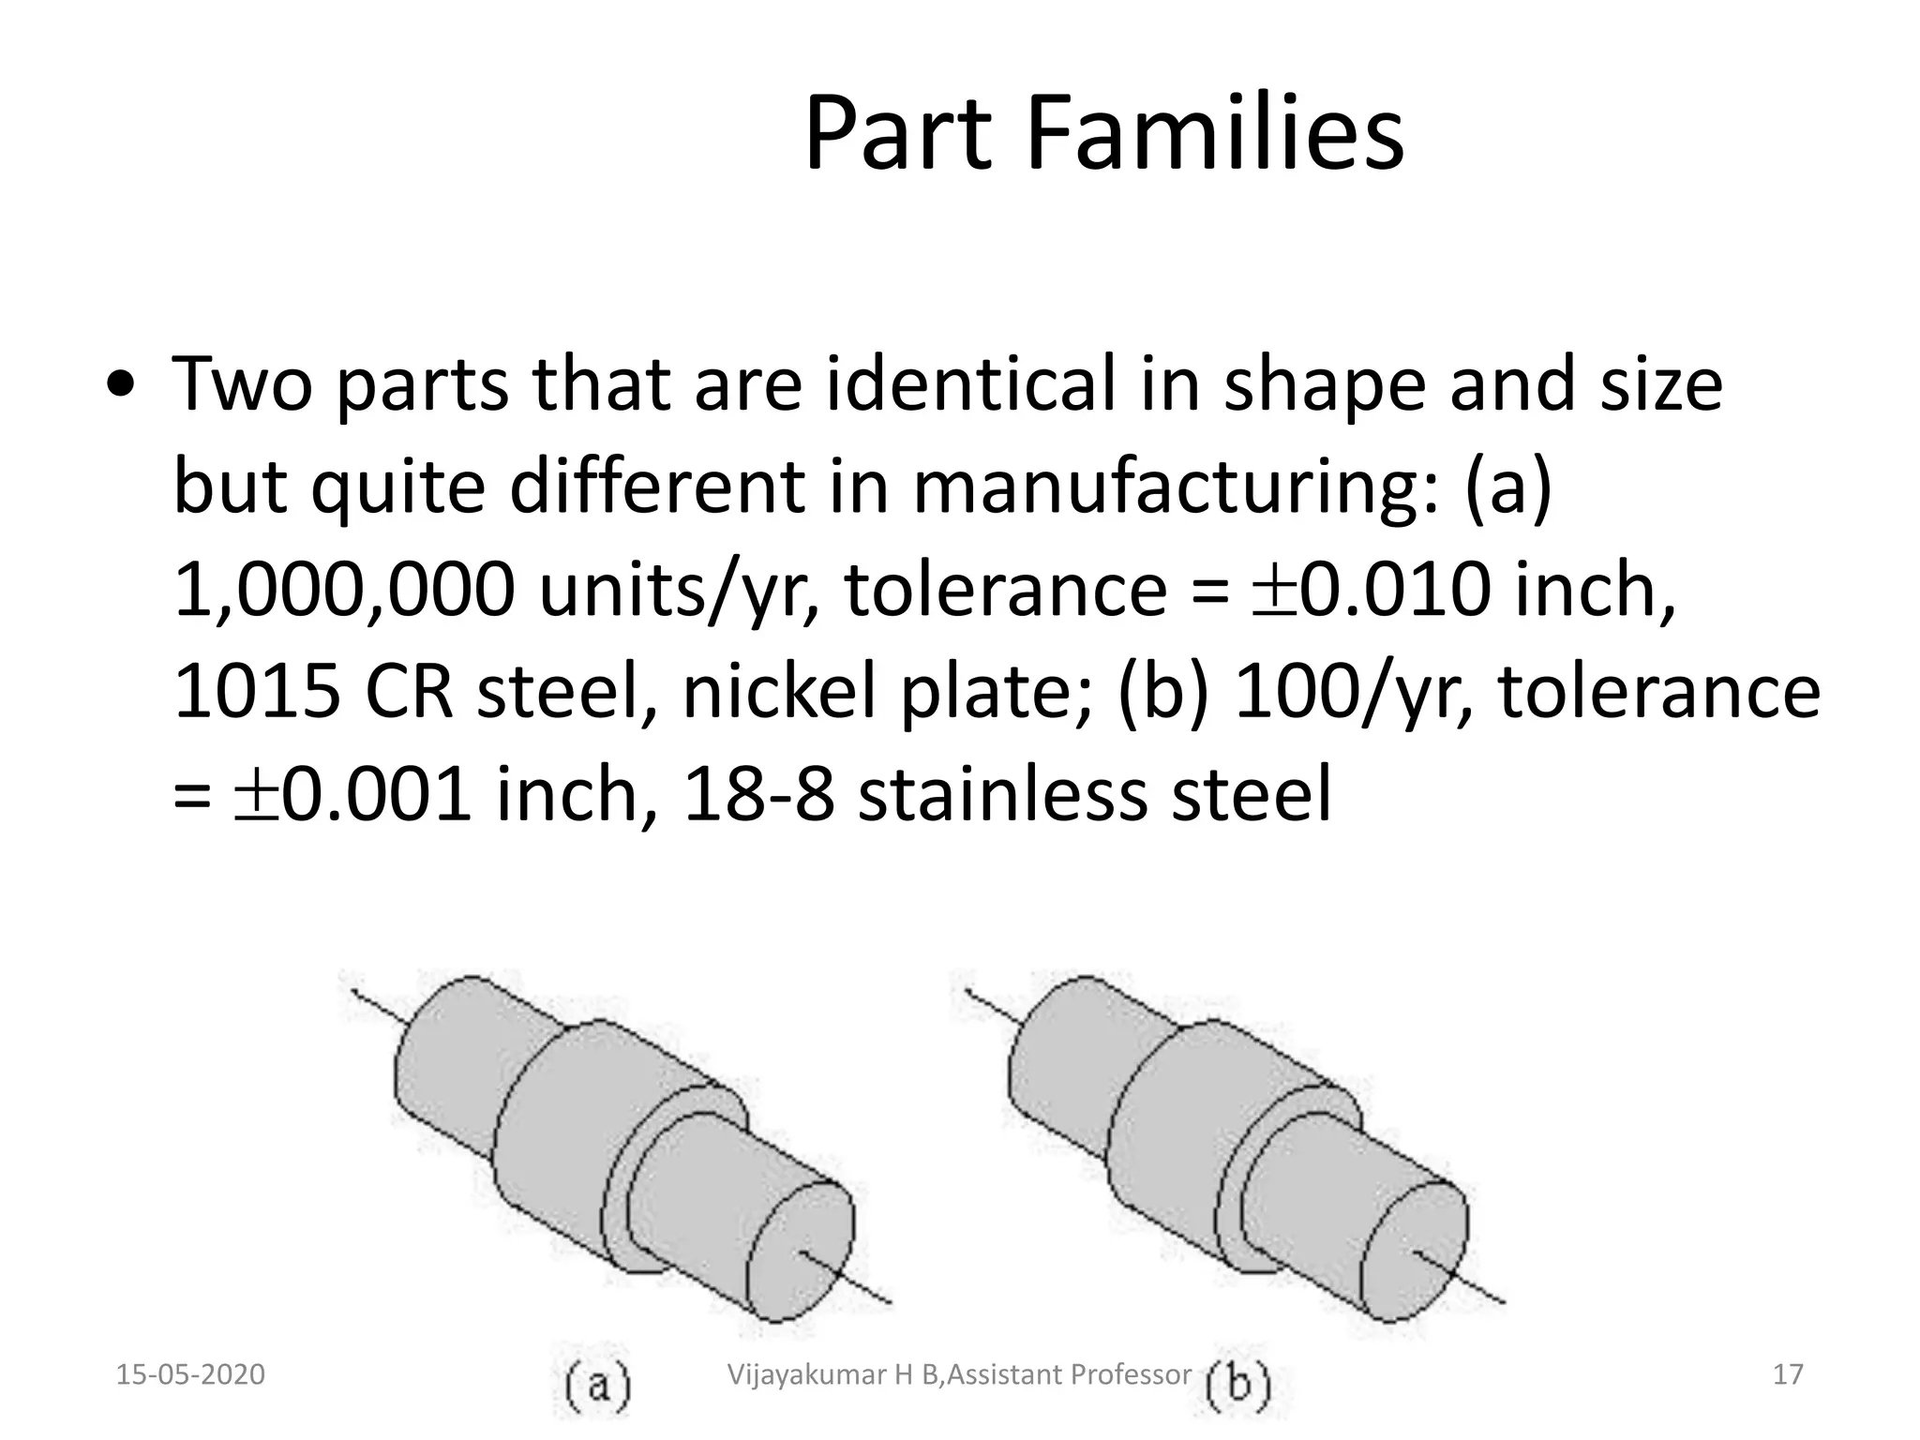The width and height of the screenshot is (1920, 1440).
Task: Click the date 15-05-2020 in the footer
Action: (190, 1374)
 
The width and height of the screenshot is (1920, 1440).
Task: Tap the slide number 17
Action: (1788, 1374)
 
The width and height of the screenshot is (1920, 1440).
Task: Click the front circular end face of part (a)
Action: (802, 1252)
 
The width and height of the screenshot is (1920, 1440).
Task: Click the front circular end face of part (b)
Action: (1415, 1252)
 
